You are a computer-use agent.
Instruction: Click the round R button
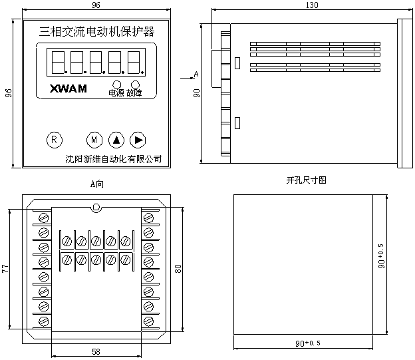pos(55,140)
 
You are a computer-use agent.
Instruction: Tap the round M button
pos(94,140)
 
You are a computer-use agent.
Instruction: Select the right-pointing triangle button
pos(138,140)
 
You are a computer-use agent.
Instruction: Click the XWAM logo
pos(69,89)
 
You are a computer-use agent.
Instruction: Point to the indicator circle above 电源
pos(117,85)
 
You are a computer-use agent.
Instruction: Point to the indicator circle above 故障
pos(136,85)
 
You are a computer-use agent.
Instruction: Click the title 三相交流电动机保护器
pos(97,31)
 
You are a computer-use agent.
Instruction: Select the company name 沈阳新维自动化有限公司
pos(114,159)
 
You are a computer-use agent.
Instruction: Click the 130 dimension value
pos(312,5)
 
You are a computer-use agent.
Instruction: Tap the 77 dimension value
pos(5,268)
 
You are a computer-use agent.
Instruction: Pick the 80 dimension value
pos(178,269)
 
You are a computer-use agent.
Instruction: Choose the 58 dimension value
pos(96,351)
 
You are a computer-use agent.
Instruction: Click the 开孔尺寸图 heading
pos(306,180)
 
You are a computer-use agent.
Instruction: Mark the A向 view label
pos(97,184)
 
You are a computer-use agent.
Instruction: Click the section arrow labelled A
pos(188,78)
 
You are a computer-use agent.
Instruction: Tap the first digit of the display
pos(59,63)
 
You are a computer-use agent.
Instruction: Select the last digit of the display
pos(134,63)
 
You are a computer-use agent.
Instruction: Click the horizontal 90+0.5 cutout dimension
pos(308,343)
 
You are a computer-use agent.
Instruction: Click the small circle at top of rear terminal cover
pos(96,207)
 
